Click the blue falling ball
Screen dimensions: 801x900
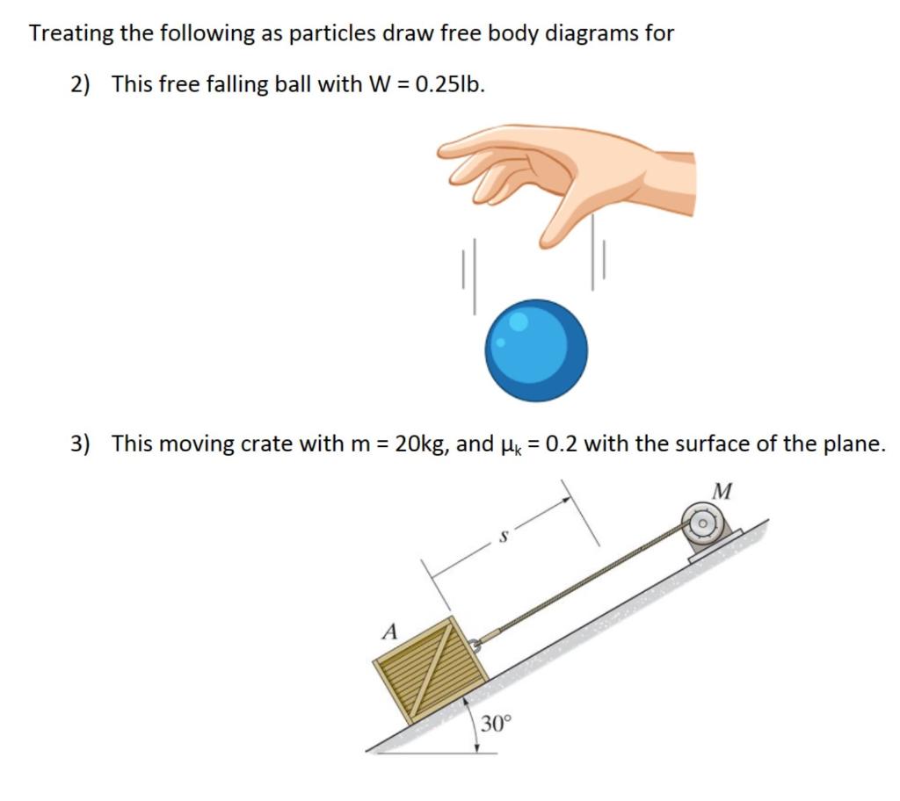coord(536,350)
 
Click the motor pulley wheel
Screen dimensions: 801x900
coord(703,525)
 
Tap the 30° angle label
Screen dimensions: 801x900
coord(495,724)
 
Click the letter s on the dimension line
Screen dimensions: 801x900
coord(503,536)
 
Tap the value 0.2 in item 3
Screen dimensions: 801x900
coord(562,444)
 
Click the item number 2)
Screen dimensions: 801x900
coord(81,84)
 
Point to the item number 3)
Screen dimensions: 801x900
coord(81,444)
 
